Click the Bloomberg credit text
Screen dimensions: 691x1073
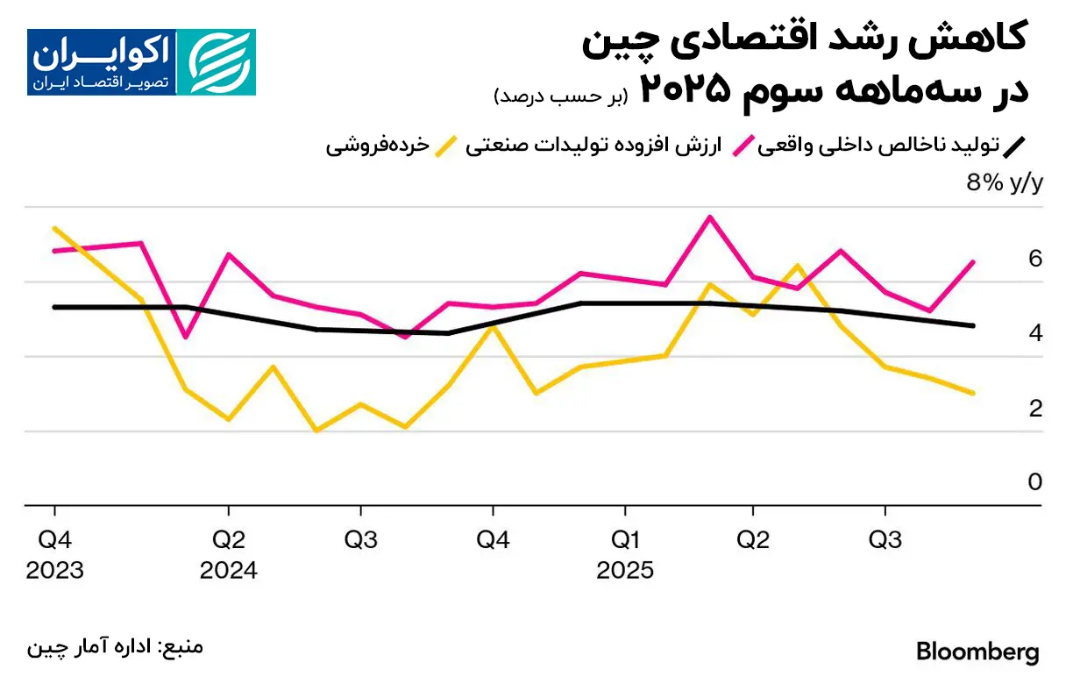click(x=977, y=652)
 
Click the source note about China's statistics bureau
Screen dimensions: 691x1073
click(x=115, y=648)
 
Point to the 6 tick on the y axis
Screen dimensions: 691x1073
click(x=1035, y=259)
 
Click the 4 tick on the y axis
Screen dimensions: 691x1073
click(x=1035, y=333)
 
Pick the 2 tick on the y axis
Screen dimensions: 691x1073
click(x=1035, y=409)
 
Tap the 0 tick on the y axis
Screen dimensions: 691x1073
click(x=1035, y=482)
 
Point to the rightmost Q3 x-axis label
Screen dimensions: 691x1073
click(x=885, y=539)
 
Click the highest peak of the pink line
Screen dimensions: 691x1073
click(x=710, y=217)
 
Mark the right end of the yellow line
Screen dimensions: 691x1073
click(x=973, y=393)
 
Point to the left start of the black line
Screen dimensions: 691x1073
click(x=54, y=307)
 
